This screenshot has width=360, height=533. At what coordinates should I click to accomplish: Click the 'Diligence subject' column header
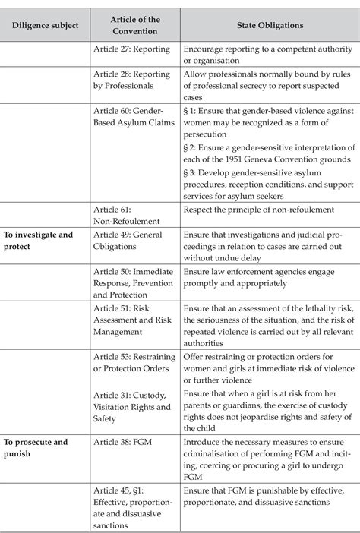pos(45,25)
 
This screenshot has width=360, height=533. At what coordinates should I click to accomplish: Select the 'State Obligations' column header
pos(270,25)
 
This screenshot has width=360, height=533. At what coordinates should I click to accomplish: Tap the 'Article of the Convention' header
pos(134,25)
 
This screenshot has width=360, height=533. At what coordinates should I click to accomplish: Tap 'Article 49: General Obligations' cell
pos(133,241)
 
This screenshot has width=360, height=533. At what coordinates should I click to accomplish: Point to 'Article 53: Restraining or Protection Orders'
pos(135,364)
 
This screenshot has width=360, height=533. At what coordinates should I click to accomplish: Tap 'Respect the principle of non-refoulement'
pos(261,209)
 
